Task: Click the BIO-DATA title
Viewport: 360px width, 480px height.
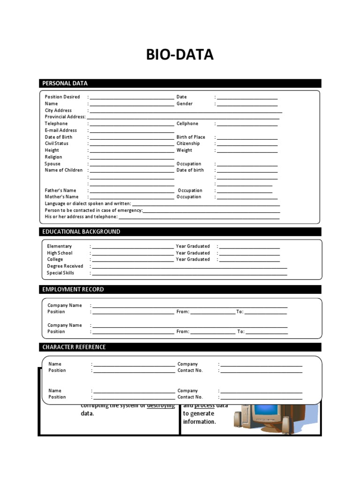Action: [180, 55]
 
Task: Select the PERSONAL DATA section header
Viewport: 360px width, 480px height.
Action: [65, 83]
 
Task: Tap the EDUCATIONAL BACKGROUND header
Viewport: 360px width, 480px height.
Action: [81, 232]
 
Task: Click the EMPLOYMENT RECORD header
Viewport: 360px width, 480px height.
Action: [73, 289]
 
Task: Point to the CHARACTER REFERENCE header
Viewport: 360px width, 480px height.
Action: [74, 347]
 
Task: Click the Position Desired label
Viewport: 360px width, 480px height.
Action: [62, 97]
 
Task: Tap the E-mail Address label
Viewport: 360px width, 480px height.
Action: [61, 130]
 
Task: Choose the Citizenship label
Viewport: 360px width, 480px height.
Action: [188, 143]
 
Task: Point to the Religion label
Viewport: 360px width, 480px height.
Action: [53, 157]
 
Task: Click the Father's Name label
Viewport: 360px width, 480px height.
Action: [60, 190]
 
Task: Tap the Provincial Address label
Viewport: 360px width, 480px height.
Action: [65, 117]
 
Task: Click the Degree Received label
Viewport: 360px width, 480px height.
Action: [65, 266]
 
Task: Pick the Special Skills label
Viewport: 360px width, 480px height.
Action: [60, 273]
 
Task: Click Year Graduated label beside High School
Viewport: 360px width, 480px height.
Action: [193, 253]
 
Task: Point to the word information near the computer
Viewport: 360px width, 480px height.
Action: [199, 421]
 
